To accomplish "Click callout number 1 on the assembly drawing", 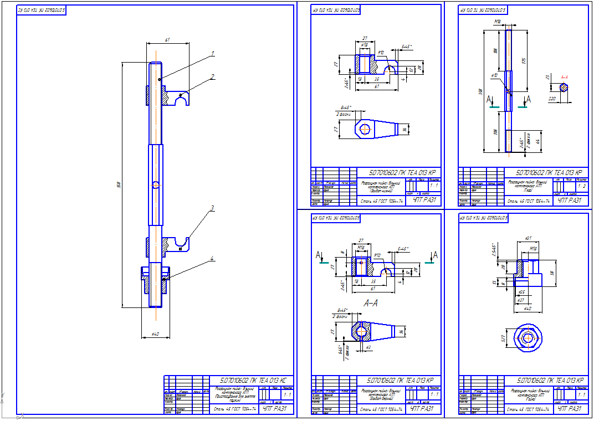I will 212,54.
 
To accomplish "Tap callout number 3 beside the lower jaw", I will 212,209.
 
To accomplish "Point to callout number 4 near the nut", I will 212,259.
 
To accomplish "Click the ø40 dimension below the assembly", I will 156,333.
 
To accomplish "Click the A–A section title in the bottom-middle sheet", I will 371,304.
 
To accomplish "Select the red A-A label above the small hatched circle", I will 565,77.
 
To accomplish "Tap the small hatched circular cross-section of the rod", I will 563,87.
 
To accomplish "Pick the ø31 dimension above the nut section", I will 528,238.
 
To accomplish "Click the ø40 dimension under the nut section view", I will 527,308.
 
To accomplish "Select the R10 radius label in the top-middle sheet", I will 381,52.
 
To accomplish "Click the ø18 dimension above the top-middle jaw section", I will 365,44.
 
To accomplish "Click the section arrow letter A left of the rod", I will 489,100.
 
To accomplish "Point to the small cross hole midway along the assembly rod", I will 156,185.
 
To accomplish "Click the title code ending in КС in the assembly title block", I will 253,381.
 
